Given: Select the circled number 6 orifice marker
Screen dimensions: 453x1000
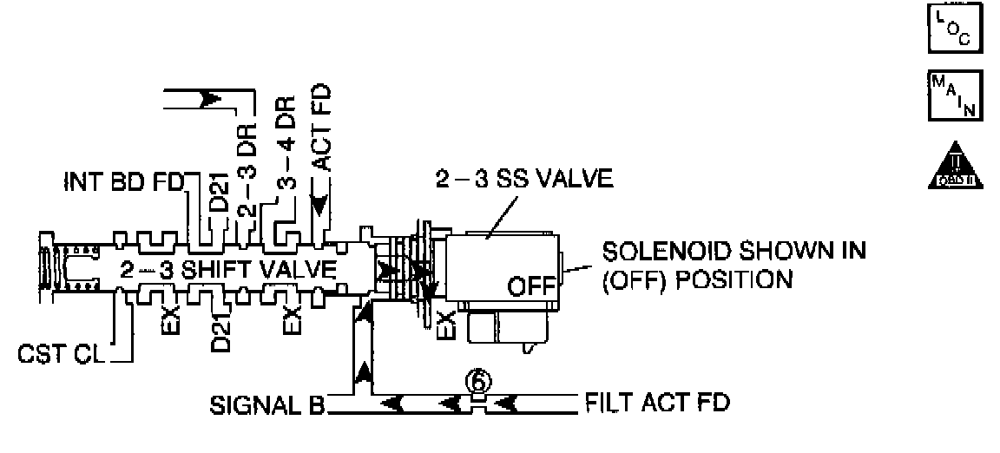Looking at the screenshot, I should pyautogui.click(x=477, y=381).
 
